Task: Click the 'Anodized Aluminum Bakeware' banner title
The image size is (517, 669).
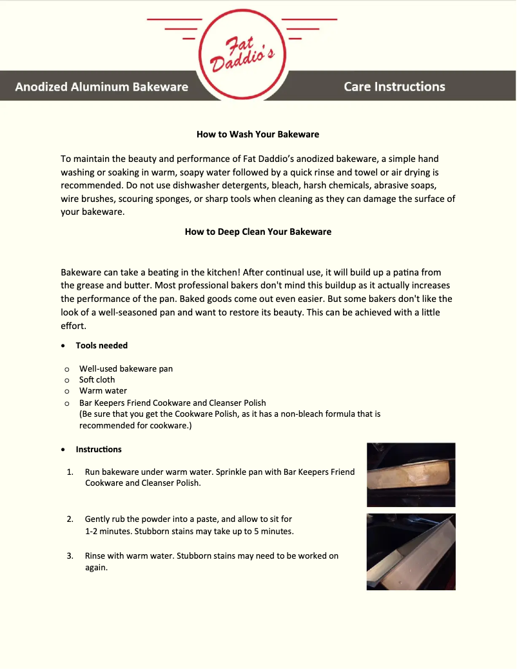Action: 102,86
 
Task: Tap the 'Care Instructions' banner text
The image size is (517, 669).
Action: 395,86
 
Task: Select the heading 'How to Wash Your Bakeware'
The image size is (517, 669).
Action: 258,135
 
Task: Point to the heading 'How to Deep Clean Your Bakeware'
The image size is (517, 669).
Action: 258,232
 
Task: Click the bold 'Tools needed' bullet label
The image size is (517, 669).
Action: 102,346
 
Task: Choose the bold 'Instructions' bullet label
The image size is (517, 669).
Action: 99,449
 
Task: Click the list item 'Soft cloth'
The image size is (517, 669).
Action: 97,380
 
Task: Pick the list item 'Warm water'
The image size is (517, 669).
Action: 103,391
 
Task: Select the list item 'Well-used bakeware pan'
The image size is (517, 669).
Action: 126,369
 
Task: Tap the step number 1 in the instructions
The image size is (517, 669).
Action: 70,472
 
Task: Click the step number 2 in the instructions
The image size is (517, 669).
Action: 70,519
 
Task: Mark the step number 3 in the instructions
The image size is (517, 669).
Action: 70,555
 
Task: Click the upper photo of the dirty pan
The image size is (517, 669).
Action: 411,474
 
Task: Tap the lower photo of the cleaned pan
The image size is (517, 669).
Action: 411,552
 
